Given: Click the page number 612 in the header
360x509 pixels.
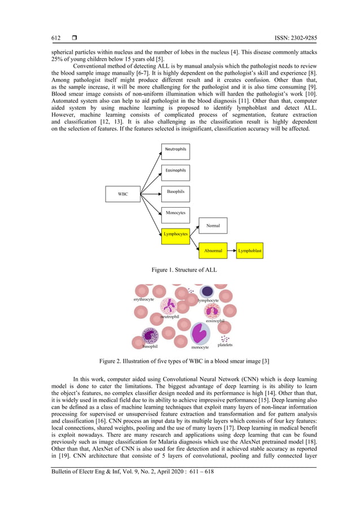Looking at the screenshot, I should pos(56,38).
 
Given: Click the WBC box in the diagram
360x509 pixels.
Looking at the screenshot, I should pos(122,194).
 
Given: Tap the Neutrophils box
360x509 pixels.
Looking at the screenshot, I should pos(175,151).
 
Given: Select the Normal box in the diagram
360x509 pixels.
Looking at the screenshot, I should pos(213,226).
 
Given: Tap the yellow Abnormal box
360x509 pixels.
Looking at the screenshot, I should pos(213,250).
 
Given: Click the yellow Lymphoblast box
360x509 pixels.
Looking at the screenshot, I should pos(249,250).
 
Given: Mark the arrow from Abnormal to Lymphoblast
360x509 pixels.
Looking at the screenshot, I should pos(231,250).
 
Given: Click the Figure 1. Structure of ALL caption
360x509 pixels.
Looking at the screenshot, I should pos(179,270).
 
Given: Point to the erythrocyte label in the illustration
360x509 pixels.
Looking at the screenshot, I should pos(144,300).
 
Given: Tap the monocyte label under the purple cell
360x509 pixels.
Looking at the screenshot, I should pos(200,348).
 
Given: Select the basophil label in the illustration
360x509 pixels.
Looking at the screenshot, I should pos(150,346).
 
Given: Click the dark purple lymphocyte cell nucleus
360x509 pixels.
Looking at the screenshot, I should pos(207,291).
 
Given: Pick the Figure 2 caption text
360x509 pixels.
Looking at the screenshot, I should pos(179,361).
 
